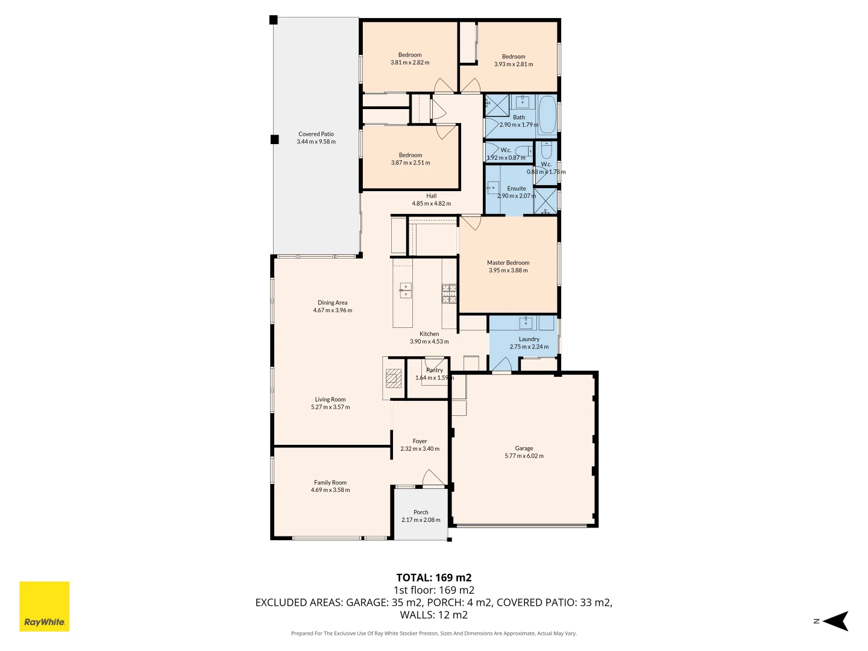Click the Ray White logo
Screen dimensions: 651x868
[x=45, y=606]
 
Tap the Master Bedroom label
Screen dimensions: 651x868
[x=508, y=263]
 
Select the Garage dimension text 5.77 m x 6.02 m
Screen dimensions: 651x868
[x=524, y=456]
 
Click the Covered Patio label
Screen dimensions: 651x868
[x=316, y=134]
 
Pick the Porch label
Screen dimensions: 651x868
[x=421, y=512]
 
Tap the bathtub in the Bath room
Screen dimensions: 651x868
[x=547, y=115]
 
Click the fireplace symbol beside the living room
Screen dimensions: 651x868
[x=393, y=378]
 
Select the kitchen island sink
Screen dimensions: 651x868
[x=405, y=291]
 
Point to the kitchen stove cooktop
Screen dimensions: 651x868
[x=449, y=293]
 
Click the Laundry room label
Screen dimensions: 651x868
[x=529, y=339]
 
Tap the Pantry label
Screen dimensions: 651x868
[x=434, y=370]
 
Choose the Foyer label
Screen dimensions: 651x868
[x=420, y=441]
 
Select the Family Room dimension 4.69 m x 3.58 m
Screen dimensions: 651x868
[x=330, y=490]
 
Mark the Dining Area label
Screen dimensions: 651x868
[x=333, y=303]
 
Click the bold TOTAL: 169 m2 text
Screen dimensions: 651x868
[x=433, y=577]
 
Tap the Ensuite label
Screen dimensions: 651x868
[x=516, y=189]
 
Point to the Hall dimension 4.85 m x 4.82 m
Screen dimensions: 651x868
[x=431, y=204]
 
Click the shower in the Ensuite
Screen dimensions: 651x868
[x=546, y=201]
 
